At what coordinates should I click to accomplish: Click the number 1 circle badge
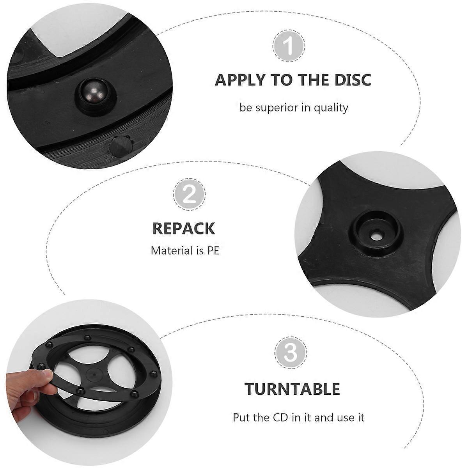pyautogui.click(x=289, y=47)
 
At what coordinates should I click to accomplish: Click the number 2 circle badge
pyautogui.click(x=189, y=194)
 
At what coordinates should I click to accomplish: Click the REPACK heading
pyautogui.click(x=183, y=228)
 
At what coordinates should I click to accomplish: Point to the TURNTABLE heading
pyautogui.click(x=292, y=389)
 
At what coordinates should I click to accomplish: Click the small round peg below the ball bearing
pyautogui.click(x=119, y=147)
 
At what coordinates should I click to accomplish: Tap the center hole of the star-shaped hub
pyautogui.click(x=376, y=236)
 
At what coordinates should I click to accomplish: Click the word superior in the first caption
pyautogui.click(x=277, y=108)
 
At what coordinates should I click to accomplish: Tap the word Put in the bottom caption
pyautogui.click(x=241, y=418)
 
